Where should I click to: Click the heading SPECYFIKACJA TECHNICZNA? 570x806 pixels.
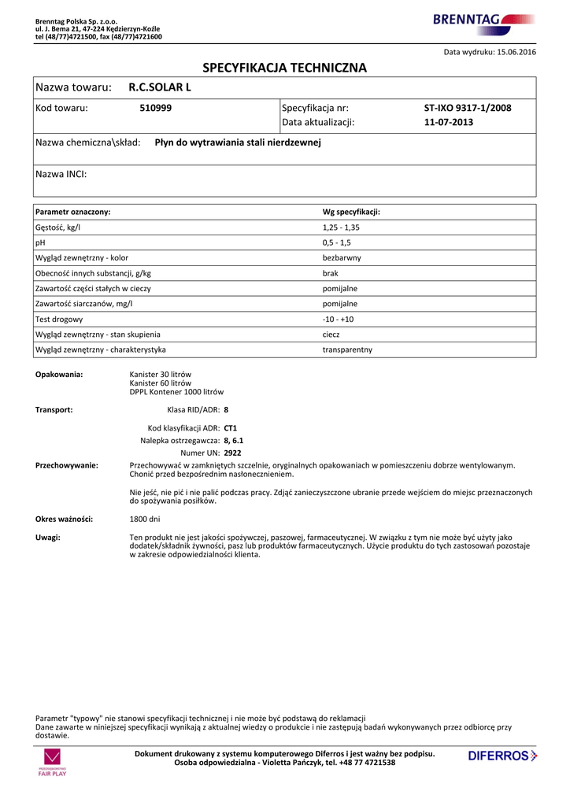pos(285,68)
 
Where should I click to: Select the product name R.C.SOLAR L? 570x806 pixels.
pos(160,87)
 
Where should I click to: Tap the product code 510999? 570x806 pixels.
pos(156,108)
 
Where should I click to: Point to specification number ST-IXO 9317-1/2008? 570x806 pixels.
pos(468,108)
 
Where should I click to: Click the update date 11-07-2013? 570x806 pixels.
pos(449,122)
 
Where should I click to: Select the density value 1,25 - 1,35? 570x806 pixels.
pos(341,227)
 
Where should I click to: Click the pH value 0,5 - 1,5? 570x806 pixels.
pos(336,242)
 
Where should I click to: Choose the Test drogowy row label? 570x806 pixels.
pos(59,320)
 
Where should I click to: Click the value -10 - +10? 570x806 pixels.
pos(339,320)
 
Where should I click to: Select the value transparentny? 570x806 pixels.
pos(347,349)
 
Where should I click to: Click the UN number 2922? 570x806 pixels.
pos(232,453)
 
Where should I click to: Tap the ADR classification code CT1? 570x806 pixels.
pos(231,428)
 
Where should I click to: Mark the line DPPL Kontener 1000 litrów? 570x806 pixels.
pos(176,392)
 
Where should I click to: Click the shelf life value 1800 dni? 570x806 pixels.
pos(145,519)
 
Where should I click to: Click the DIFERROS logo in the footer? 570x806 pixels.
pos(502,756)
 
